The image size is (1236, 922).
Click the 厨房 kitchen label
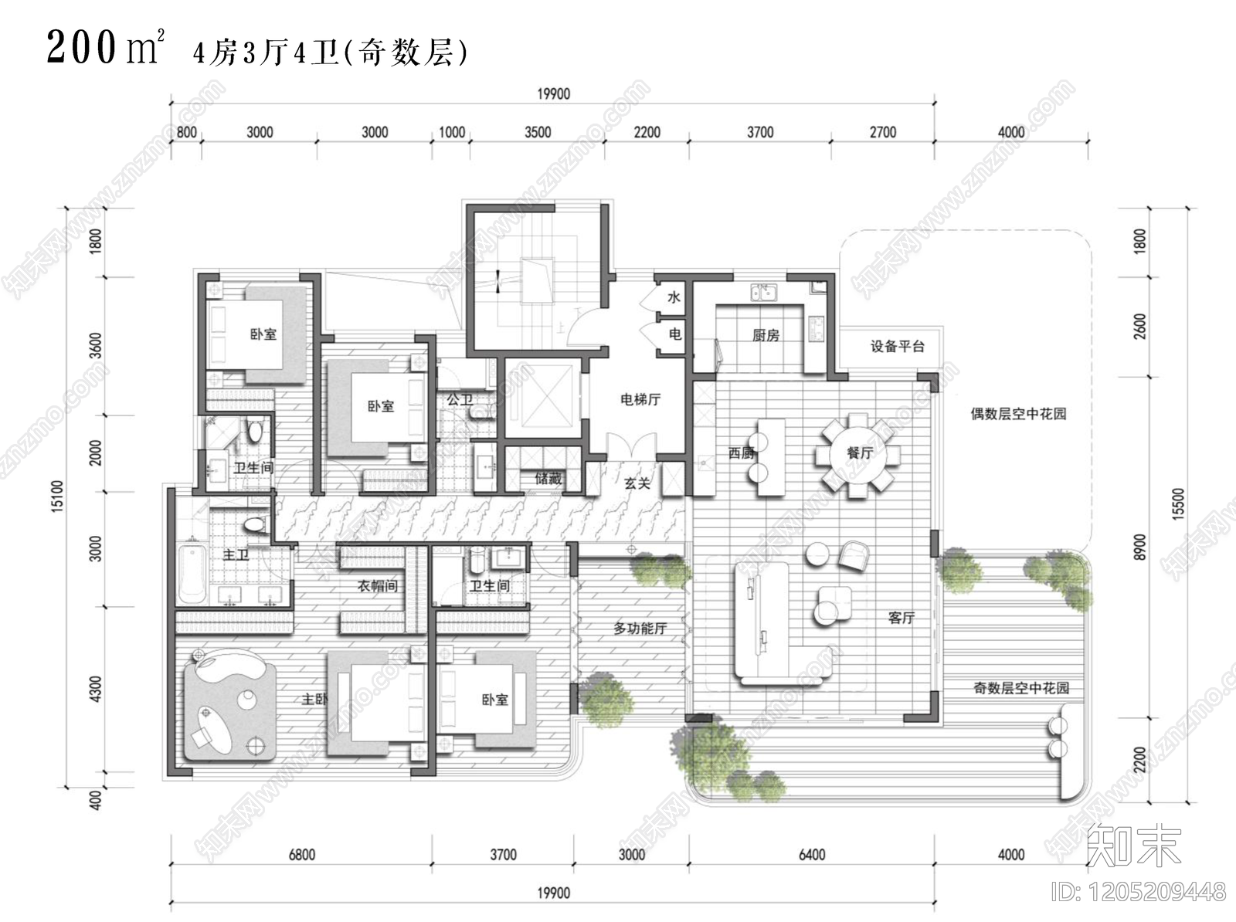coord(766,335)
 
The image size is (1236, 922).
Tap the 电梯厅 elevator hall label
coord(640,399)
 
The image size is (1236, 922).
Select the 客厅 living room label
coord(902,618)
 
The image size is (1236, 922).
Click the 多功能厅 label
coord(640,629)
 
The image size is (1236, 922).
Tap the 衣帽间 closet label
coord(378,586)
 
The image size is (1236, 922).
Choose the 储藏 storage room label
coord(548,479)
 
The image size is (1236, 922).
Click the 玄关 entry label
coord(637,483)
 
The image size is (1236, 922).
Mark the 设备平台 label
coord(897,346)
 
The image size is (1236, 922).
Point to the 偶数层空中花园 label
coord(1018,414)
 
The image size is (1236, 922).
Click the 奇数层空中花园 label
coord(1020,688)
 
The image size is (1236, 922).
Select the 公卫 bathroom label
coord(460,399)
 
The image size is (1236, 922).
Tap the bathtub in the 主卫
coord(191,575)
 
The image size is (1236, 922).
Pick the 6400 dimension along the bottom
coord(812,855)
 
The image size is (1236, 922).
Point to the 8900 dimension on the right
coord(1141,547)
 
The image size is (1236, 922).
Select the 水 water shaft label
coord(674,297)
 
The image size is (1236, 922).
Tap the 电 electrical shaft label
coord(674,334)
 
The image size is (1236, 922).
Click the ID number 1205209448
coord(1138,893)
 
